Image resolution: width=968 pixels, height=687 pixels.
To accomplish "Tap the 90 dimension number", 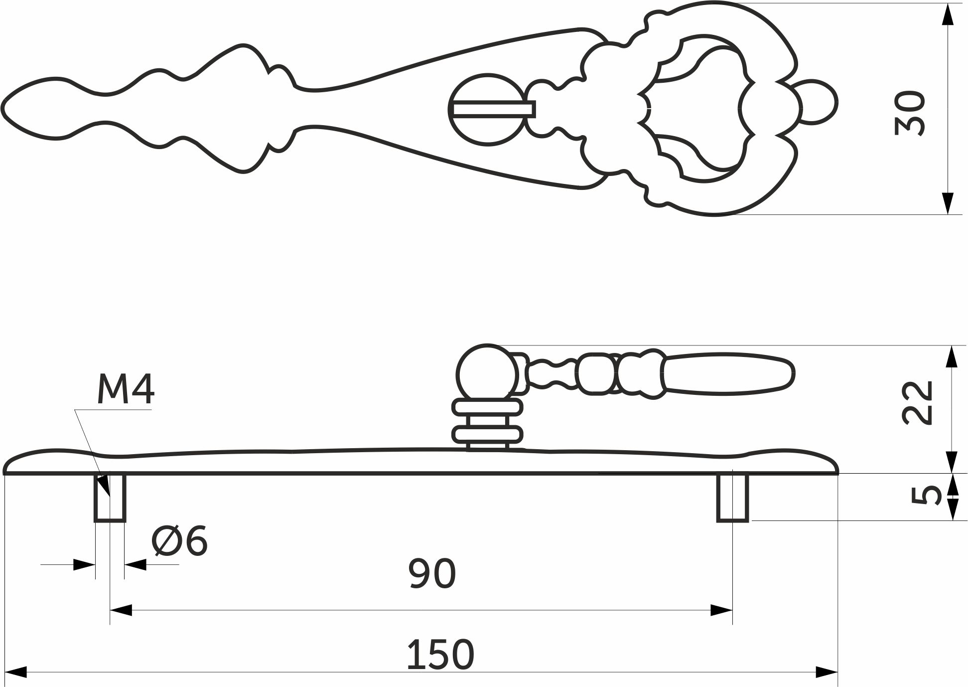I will pyautogui.click(x=432, y=574).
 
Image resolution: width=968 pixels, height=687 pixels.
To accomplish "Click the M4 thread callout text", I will pyautogui.click(x=126, y=390).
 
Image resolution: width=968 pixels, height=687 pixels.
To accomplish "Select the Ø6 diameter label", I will pyautogui.click(x=179, y=541).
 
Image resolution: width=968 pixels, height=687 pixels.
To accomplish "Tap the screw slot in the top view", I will pyautogui.click(x=494, y=109).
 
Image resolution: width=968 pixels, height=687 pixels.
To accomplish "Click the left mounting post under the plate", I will pyautogui.click(x=110, y=498).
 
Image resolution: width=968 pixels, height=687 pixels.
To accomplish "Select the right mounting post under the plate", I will pyautogui.click(x=732, y=498).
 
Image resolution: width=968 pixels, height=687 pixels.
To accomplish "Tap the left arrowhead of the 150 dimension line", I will pyautogui.click(x=15, y=672).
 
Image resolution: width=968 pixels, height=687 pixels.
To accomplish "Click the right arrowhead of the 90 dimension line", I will pyautogui.click(x=722, y=610).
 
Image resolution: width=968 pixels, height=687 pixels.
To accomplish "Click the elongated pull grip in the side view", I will pyautogui.click(x=727, y=373).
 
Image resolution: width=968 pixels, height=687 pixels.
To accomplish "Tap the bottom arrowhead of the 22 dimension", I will pyautogui.click(x=952, y=462).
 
